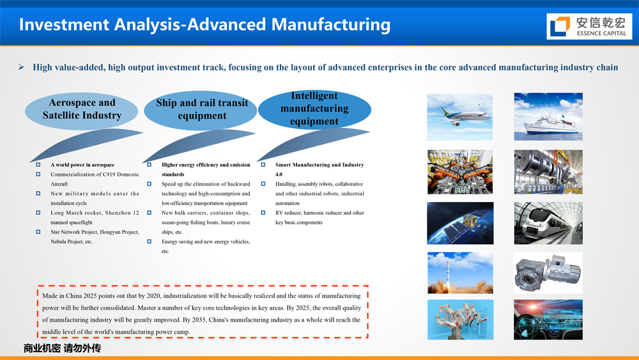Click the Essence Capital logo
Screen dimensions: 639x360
(x=589, y=26)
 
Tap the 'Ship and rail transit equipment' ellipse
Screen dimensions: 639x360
(x=201, y=110)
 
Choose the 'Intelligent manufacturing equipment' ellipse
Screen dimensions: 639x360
(x=314, y=109)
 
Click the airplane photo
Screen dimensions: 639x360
(x=459, y=117)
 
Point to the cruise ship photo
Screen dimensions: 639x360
(x=548, y=116)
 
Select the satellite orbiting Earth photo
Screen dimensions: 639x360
(x=460, y=223)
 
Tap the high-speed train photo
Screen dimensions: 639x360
(x=548, y=223)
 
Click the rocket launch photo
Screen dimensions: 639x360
(x=460, y=273)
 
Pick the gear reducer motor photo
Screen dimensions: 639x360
(x=548, y=273)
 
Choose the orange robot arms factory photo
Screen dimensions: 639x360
(x=460, y=171)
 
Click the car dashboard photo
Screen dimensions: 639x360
(x=548, y=320)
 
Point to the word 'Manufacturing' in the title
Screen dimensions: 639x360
(x=331, y=24)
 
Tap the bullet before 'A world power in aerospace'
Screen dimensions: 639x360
(x=38, y=165)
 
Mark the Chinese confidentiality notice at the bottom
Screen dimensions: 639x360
(x=62, y=348)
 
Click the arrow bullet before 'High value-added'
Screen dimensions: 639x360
(x=21, y=67)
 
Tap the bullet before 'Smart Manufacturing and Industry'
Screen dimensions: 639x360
(x=263, y=165)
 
